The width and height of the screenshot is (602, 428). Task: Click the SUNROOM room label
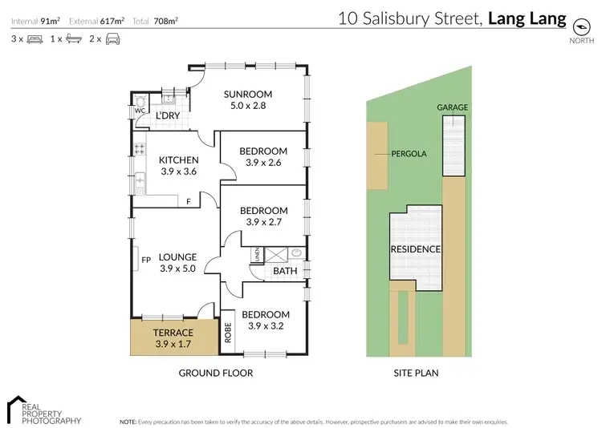tap(247, 93)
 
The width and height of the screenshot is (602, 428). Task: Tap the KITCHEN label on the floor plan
tap(178, 159)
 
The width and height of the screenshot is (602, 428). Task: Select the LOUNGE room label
tap(177, 257)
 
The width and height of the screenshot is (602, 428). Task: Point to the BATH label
tap(285, 271)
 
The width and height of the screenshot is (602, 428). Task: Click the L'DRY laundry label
tap(168, 116)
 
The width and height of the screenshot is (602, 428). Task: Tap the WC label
tap(140, 111)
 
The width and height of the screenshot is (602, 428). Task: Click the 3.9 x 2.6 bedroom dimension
tap(264, 164)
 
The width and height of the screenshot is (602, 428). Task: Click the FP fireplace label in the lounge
tap(146, 260)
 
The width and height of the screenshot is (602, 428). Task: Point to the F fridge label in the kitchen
tap(189, 202)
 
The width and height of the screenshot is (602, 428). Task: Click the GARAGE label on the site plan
tap(453, 107)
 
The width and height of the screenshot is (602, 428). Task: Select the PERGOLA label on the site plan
tap(409, 153)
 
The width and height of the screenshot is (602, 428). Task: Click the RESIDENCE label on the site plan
tap(416, 249)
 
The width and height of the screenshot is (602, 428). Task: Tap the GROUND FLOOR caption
tap(215, 373)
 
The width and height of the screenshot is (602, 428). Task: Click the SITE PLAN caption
tap(416, 373)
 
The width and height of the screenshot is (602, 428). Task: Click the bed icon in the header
tap(35, 38)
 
